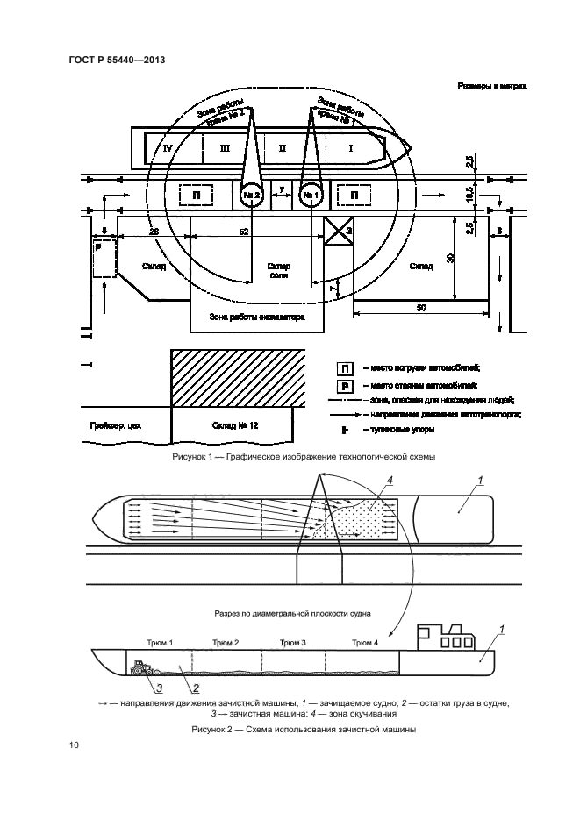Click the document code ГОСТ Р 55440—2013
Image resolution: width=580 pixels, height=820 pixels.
point(116,60)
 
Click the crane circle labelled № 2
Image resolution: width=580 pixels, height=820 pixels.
point(252,195)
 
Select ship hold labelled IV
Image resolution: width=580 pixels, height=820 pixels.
point(168,148)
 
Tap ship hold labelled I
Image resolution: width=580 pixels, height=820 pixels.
point(350,148)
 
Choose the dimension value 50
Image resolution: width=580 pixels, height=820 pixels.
point(420,309)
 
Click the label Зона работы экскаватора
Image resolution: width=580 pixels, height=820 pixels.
point(256,317)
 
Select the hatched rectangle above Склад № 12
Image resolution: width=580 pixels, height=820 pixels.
point(238,378)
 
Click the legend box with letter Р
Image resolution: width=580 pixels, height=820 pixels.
point(345,385)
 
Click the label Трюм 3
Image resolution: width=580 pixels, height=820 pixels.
point(293,643)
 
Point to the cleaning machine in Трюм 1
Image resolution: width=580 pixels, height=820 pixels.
point(141,668)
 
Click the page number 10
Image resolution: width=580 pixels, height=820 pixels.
point(73,745)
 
